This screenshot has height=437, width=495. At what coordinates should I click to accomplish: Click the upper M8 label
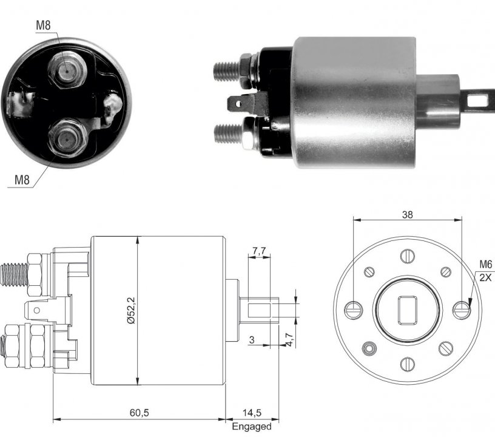(x=43, y=25)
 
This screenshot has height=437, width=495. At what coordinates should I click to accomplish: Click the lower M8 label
(x=22, y=180)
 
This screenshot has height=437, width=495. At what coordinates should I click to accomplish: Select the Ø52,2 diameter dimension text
(x=130, y=310)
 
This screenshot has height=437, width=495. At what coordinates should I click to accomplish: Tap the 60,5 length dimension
(x=140, y=412)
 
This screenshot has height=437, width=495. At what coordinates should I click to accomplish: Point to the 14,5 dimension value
(x=252, y=412)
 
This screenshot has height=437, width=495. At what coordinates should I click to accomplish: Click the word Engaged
(x=252, y=426)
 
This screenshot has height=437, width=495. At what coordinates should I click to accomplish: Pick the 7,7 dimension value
(x=259, y=251)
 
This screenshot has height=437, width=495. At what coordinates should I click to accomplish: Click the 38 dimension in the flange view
(x=407, y=215)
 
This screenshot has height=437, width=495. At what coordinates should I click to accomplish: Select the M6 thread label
(x=485, y=264)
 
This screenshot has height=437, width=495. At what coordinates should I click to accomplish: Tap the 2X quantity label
(x=485, y=277)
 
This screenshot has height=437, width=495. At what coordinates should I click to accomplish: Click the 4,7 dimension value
(x=289, y=339)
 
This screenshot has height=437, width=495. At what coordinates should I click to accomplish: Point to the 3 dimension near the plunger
(x=252, y=340)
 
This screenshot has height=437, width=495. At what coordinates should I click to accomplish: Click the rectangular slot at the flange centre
(x=407, y=310)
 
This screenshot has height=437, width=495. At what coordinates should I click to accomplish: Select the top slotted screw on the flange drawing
(x=407, y=256)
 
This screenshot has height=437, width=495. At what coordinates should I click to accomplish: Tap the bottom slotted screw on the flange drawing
(x=407, y=364)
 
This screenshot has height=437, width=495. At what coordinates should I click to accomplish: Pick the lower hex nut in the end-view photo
(x=67, y=138)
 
